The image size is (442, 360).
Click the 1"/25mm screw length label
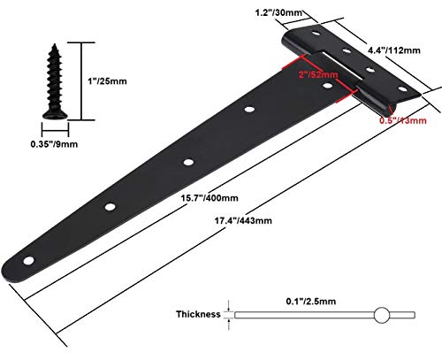point(107,81)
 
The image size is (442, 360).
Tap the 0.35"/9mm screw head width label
point(54,144)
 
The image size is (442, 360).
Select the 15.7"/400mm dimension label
point(210,198)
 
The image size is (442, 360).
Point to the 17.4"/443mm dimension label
point(243,220)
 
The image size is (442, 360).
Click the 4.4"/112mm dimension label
point(394,50)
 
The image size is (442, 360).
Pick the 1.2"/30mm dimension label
point(278,12)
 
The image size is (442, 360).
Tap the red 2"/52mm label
point(318,74)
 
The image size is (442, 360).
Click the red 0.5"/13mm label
point(403,120)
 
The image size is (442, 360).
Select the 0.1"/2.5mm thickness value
point(311,301)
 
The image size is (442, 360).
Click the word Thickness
point(198,314)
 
